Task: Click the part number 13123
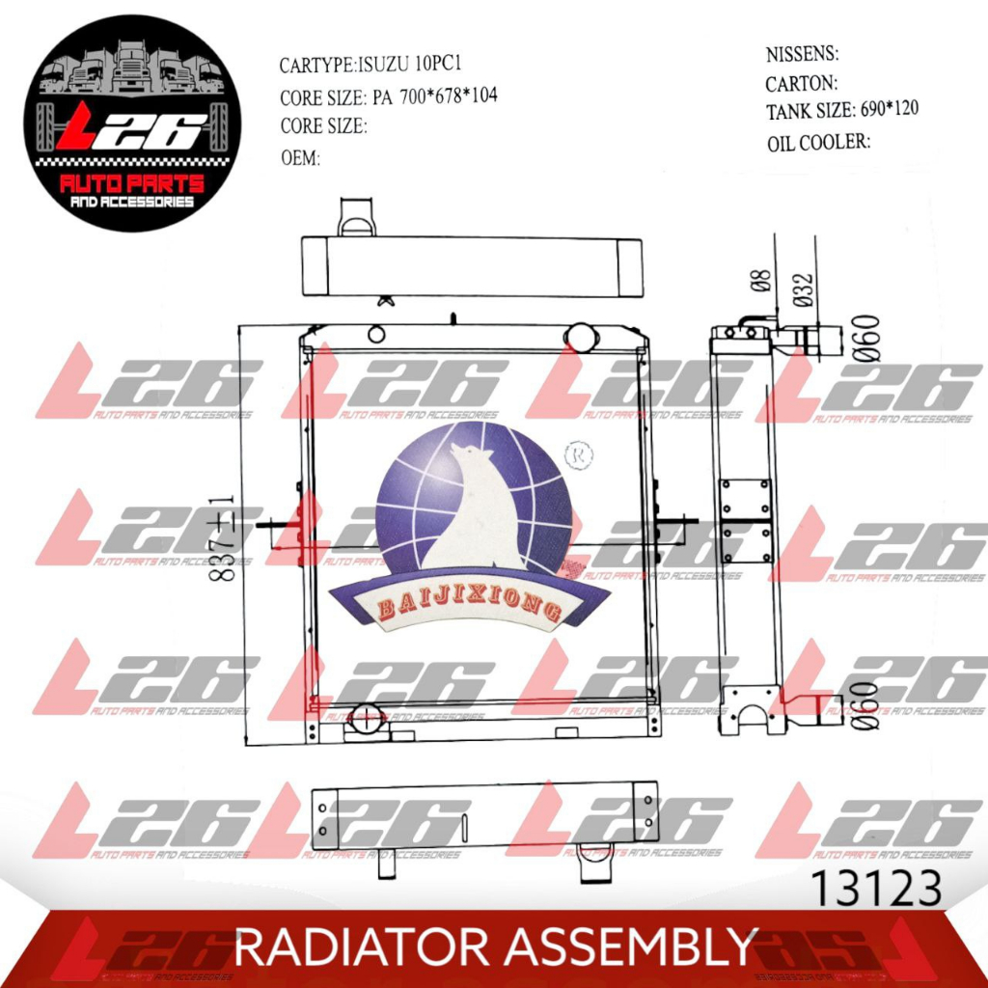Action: click(876, 889)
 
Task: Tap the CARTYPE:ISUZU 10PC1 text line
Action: click(375, 66)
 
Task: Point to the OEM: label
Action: click(300, 158)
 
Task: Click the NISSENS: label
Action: click(802, 53)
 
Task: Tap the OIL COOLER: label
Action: click(819, 143)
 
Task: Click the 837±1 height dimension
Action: click(224, 536)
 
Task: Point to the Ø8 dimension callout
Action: click(760, 280)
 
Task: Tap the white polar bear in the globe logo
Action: click(480, 511)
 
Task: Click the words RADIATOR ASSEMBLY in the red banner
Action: click(495, 947)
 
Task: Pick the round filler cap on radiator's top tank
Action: click(582, 336)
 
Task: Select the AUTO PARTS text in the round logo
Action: click(132, 184)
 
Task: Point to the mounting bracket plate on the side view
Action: click(746, 521)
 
